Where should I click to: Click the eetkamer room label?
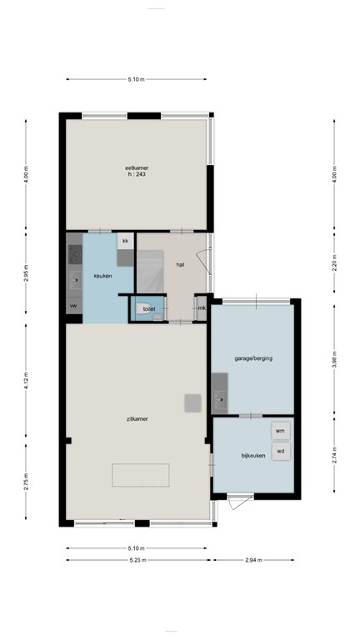[x=137, y=168]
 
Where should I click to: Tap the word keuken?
[x=102, y=275]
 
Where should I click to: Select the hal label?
[x=180, y=264]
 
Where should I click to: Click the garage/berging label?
[x=252, y=358]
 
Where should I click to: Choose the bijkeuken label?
[x=252, y=456]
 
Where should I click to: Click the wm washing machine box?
[x=280, y=431]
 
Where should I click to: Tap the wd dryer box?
[x=280, y=451]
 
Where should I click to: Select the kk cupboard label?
[x=125, y=241]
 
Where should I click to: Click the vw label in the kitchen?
[x=73, y=306]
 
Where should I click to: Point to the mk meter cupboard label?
[x=202, y=308]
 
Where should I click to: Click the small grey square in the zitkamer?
[x=192, y=402]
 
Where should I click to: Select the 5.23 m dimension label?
[x=137, y=560]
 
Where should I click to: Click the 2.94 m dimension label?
[x=255, y=560]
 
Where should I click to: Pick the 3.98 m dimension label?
[x=334, y=359]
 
